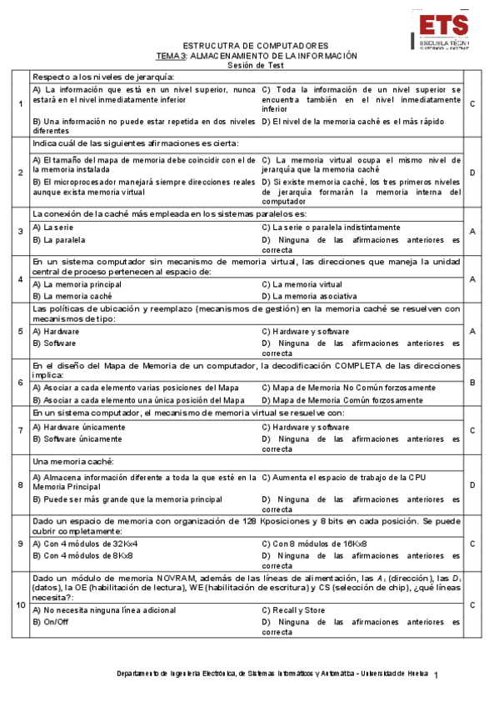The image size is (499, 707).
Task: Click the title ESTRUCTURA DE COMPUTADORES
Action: tap(255, 46)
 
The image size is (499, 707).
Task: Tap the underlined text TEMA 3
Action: tap(172, 56)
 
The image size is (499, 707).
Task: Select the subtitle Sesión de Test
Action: tap(255, 65)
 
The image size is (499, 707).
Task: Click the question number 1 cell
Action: tap(20, 103)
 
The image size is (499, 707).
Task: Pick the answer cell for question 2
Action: tap(472, 173)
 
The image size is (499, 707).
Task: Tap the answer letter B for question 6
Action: tap(472, 383)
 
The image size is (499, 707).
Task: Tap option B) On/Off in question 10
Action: tap(50, 621)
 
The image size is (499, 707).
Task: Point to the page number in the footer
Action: tap(437, 674)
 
